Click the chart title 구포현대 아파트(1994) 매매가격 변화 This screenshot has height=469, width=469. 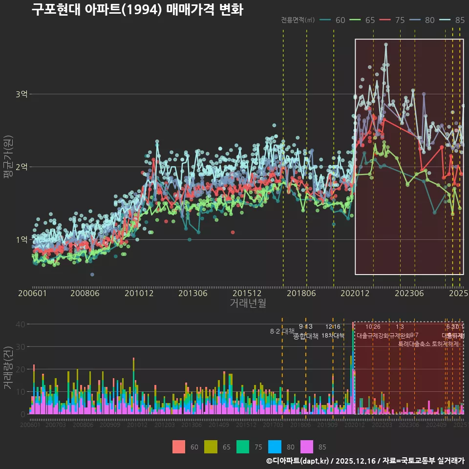coord(137,10)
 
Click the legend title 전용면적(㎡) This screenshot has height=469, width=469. coord(298,20)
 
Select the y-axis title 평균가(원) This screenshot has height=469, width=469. coord(8,166)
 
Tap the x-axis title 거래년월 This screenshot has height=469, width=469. coord(248,303)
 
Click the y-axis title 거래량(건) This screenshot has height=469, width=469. coord(8,368)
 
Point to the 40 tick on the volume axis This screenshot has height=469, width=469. coord(20,324)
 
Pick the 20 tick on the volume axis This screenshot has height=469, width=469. coord(20,369)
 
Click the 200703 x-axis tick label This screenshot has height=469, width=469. coord(55,425)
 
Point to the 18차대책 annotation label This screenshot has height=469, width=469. coord(333,336)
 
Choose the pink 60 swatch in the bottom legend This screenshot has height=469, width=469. coord(179,447)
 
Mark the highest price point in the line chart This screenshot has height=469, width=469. coord(386,44)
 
